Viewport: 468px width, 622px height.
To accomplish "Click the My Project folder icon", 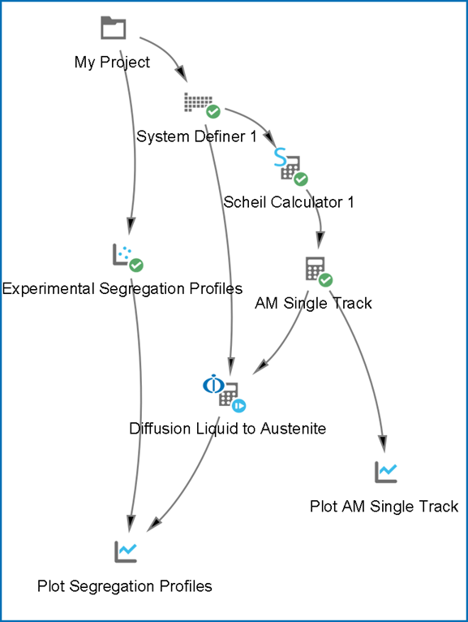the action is pyautogui.click(x=114, y=28).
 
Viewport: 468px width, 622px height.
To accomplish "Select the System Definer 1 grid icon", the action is pyautogui.click(x=198, y=102).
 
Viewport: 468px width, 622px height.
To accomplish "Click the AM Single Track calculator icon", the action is pyautogui.click(x=315, y=269).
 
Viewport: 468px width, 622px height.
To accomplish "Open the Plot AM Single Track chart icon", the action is pyautogui.click(x=386, y=472).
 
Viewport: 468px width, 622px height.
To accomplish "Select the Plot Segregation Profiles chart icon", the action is pyautogui.click(x=126, y=551).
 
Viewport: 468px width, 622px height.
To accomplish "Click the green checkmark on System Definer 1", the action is pyautogui.click(x=213, y=112).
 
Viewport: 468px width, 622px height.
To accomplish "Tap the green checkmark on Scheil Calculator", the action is pyautogui.click(x=301, y=179).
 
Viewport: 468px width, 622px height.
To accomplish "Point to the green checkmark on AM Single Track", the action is pyautogui.click(x=325, y=280).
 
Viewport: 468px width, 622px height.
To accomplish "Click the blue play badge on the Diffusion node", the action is pyautogui.click(x=239, y=406).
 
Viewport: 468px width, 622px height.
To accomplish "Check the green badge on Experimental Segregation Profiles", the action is pyautogui.click(x=136, y=265).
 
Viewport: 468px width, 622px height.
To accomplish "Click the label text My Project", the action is pyautogui.click(x=112, y=63).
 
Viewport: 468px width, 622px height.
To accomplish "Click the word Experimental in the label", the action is pyautogui.click(x=49, y=289).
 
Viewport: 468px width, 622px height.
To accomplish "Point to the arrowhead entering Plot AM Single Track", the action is pyautogui.click(x=383, y=444).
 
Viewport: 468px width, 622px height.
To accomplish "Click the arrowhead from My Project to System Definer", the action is pyautogui.click(x=181, y=73).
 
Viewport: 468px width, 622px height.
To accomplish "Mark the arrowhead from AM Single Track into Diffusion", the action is pyautogui.click(x=260, y=366).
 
